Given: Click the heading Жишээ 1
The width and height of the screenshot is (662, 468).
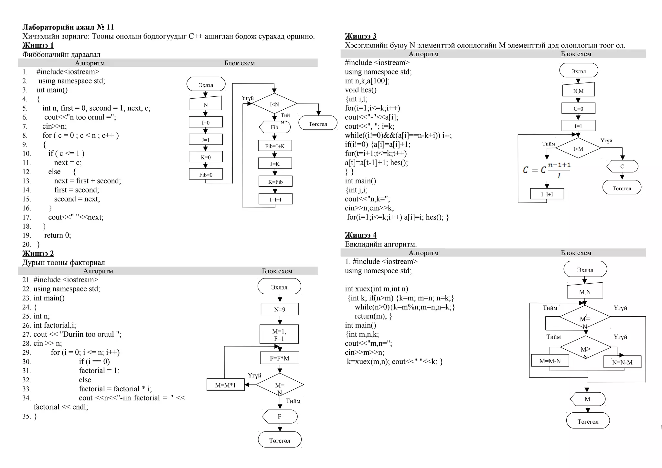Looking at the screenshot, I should click(38, 45).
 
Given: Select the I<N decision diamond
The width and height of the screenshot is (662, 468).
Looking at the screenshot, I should click(274, 104).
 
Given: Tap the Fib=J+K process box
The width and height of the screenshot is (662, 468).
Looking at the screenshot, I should click(275, 146).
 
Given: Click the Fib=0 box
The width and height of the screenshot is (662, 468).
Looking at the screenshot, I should click(206, 175).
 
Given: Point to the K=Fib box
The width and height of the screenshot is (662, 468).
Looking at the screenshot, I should click(275, 181).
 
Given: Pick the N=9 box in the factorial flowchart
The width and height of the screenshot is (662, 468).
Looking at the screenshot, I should click(280, 309).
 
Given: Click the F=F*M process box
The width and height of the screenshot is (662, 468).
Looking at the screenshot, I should click(280, 358).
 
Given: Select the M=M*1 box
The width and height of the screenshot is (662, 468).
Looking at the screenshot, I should click(225, 385).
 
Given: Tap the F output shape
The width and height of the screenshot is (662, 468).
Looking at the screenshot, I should click(280, 417).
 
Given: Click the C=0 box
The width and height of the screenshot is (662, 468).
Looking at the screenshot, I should click(578, 109).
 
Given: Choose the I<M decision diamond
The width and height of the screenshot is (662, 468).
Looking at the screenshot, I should click(578, 148).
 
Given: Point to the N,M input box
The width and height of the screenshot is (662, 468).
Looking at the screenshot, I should click(578, 91).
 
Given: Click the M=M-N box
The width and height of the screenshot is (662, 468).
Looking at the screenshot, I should click(550, 361).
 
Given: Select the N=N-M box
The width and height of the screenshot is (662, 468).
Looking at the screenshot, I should click(622, 362).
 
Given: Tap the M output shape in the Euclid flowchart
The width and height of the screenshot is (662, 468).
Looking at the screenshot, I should click(587, 399).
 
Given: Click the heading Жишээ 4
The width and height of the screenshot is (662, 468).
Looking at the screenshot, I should click(360, 235).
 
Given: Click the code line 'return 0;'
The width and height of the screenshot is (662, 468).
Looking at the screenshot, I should click(58, 235).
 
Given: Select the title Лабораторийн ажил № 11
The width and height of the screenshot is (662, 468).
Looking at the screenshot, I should click(68, 27).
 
